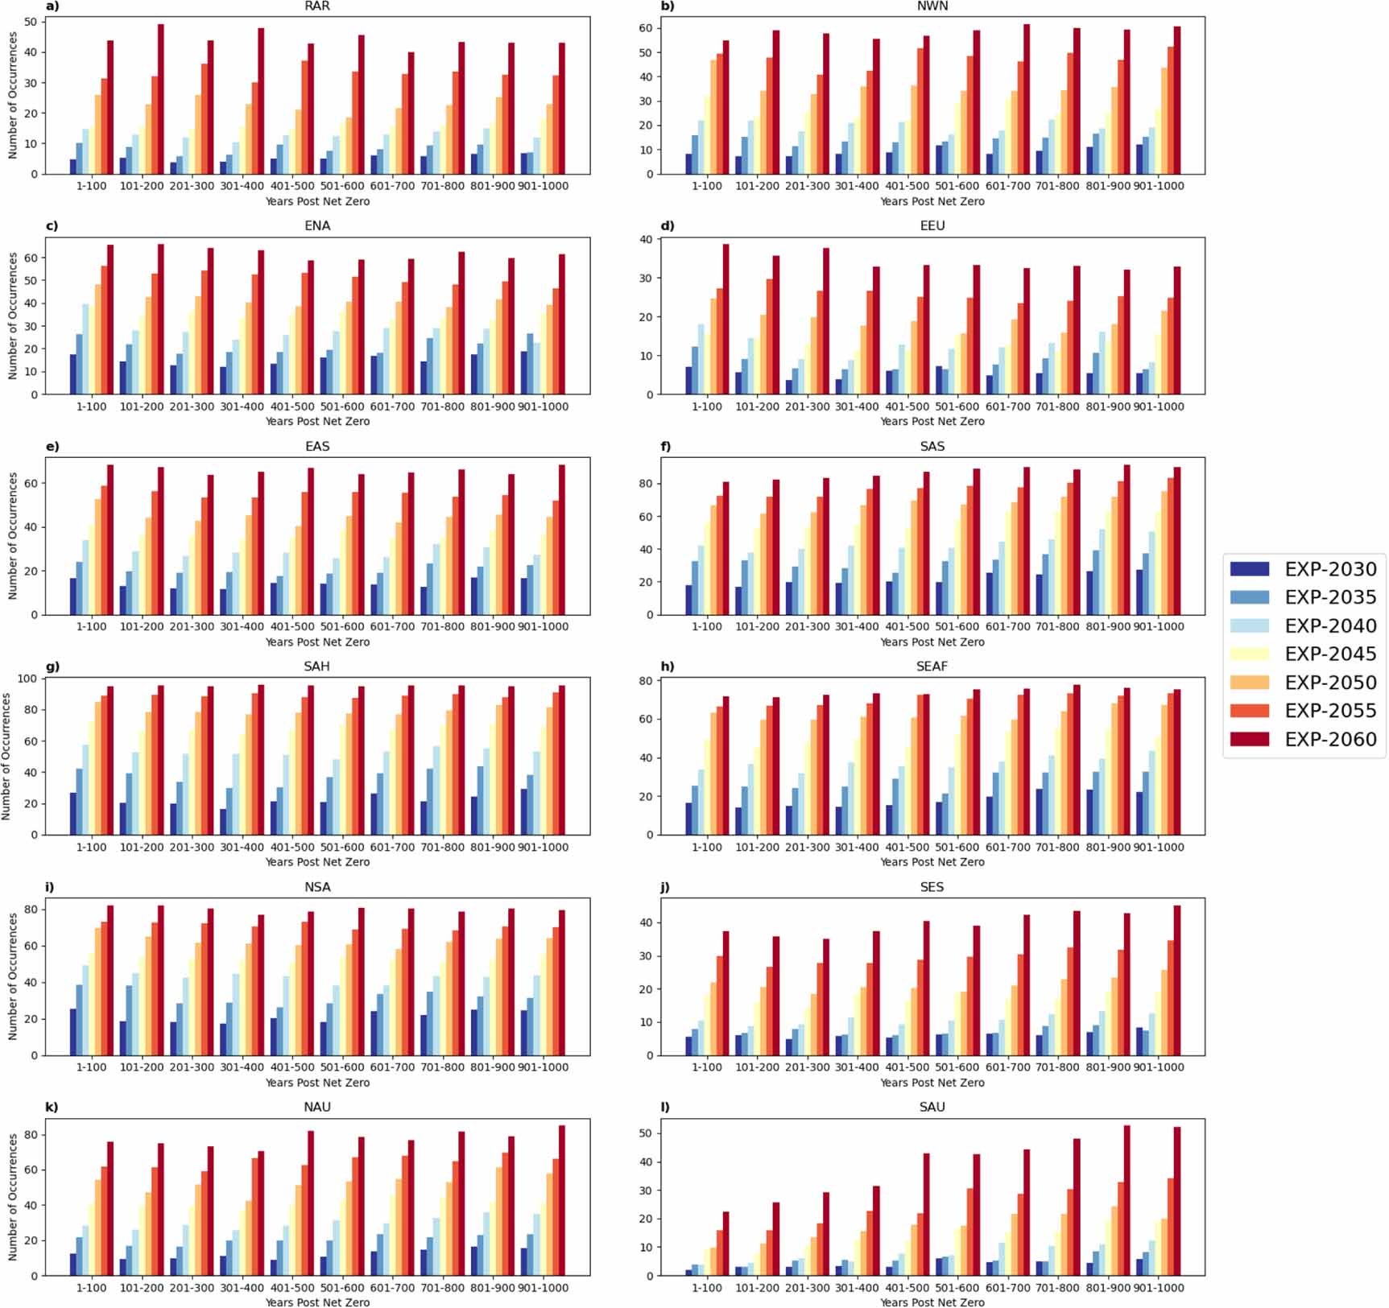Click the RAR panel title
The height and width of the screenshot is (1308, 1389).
pos(317,6)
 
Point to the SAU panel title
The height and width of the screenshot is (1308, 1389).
pos(932,1107)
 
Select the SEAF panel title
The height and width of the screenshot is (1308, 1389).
pos(932,666)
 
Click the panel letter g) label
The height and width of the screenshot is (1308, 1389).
pos(52,666)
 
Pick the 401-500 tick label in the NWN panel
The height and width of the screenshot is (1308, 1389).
pos(907,186)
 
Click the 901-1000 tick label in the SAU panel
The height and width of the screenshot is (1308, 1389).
pos(1158,1288)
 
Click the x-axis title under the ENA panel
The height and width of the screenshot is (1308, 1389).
pos(317,421)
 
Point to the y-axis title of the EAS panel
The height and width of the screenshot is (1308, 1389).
pos(13,535)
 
